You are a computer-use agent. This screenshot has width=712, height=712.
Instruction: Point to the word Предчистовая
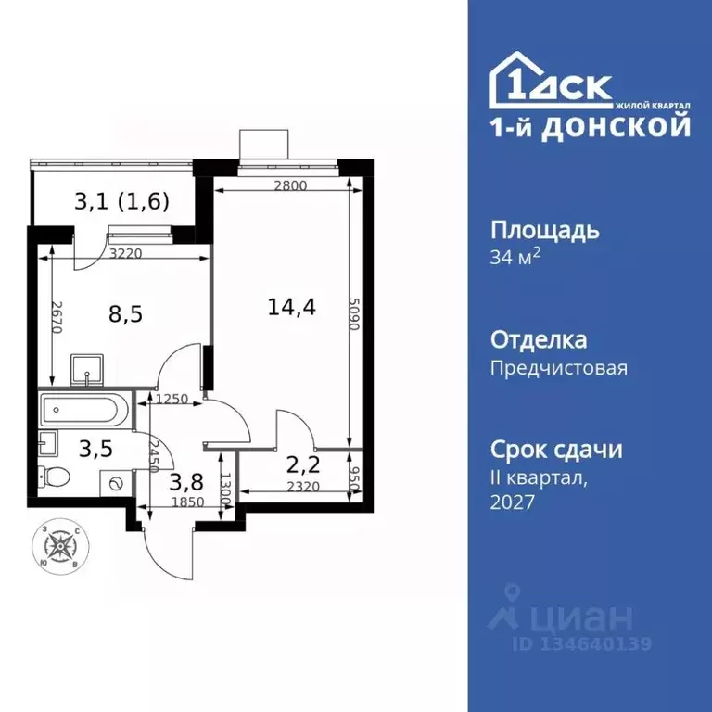pos(558,368)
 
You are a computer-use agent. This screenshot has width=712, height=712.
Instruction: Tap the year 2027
pos(513,502)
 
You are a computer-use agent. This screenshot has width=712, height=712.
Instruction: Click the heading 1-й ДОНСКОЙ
pos(590,126)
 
